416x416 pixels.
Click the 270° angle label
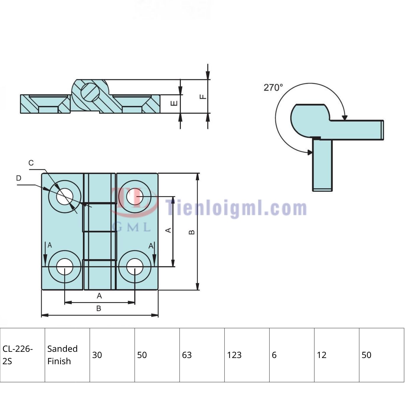click(x=273, y=88)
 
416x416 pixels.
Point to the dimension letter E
click(x=174, y=103)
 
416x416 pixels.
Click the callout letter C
click(x=31, y=163)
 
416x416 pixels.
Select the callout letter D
click(x=19, y=178)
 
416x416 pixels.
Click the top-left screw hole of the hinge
click(x=65, y=197)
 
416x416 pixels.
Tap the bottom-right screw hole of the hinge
click(x=135, y=267)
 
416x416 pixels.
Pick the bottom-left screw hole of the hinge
click(x=65, y=267)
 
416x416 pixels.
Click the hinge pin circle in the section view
click(x=90, y=93)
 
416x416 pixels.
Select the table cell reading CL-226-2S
click(x=22, y=355)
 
